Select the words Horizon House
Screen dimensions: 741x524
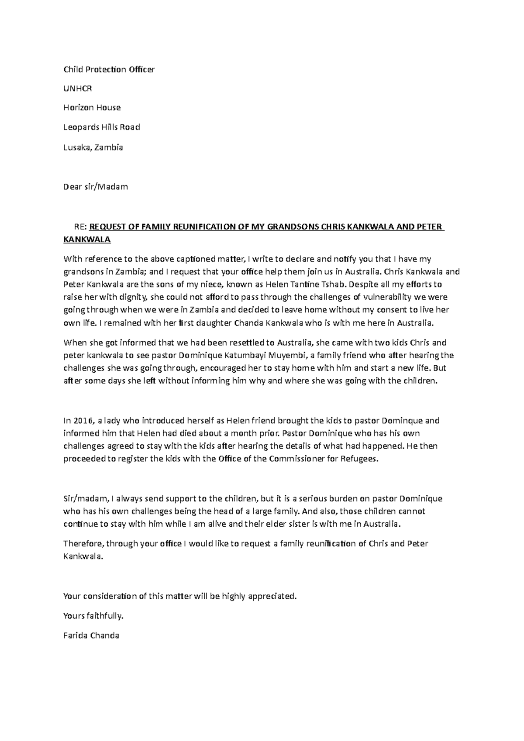click(92, 107)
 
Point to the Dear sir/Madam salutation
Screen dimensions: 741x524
click(96, 187)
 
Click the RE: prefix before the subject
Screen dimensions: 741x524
click(81, 227)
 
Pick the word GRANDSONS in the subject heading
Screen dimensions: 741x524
click(285, 227)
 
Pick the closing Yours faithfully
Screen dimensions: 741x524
click(93, 616)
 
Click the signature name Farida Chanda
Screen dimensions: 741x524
click(91, 635)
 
